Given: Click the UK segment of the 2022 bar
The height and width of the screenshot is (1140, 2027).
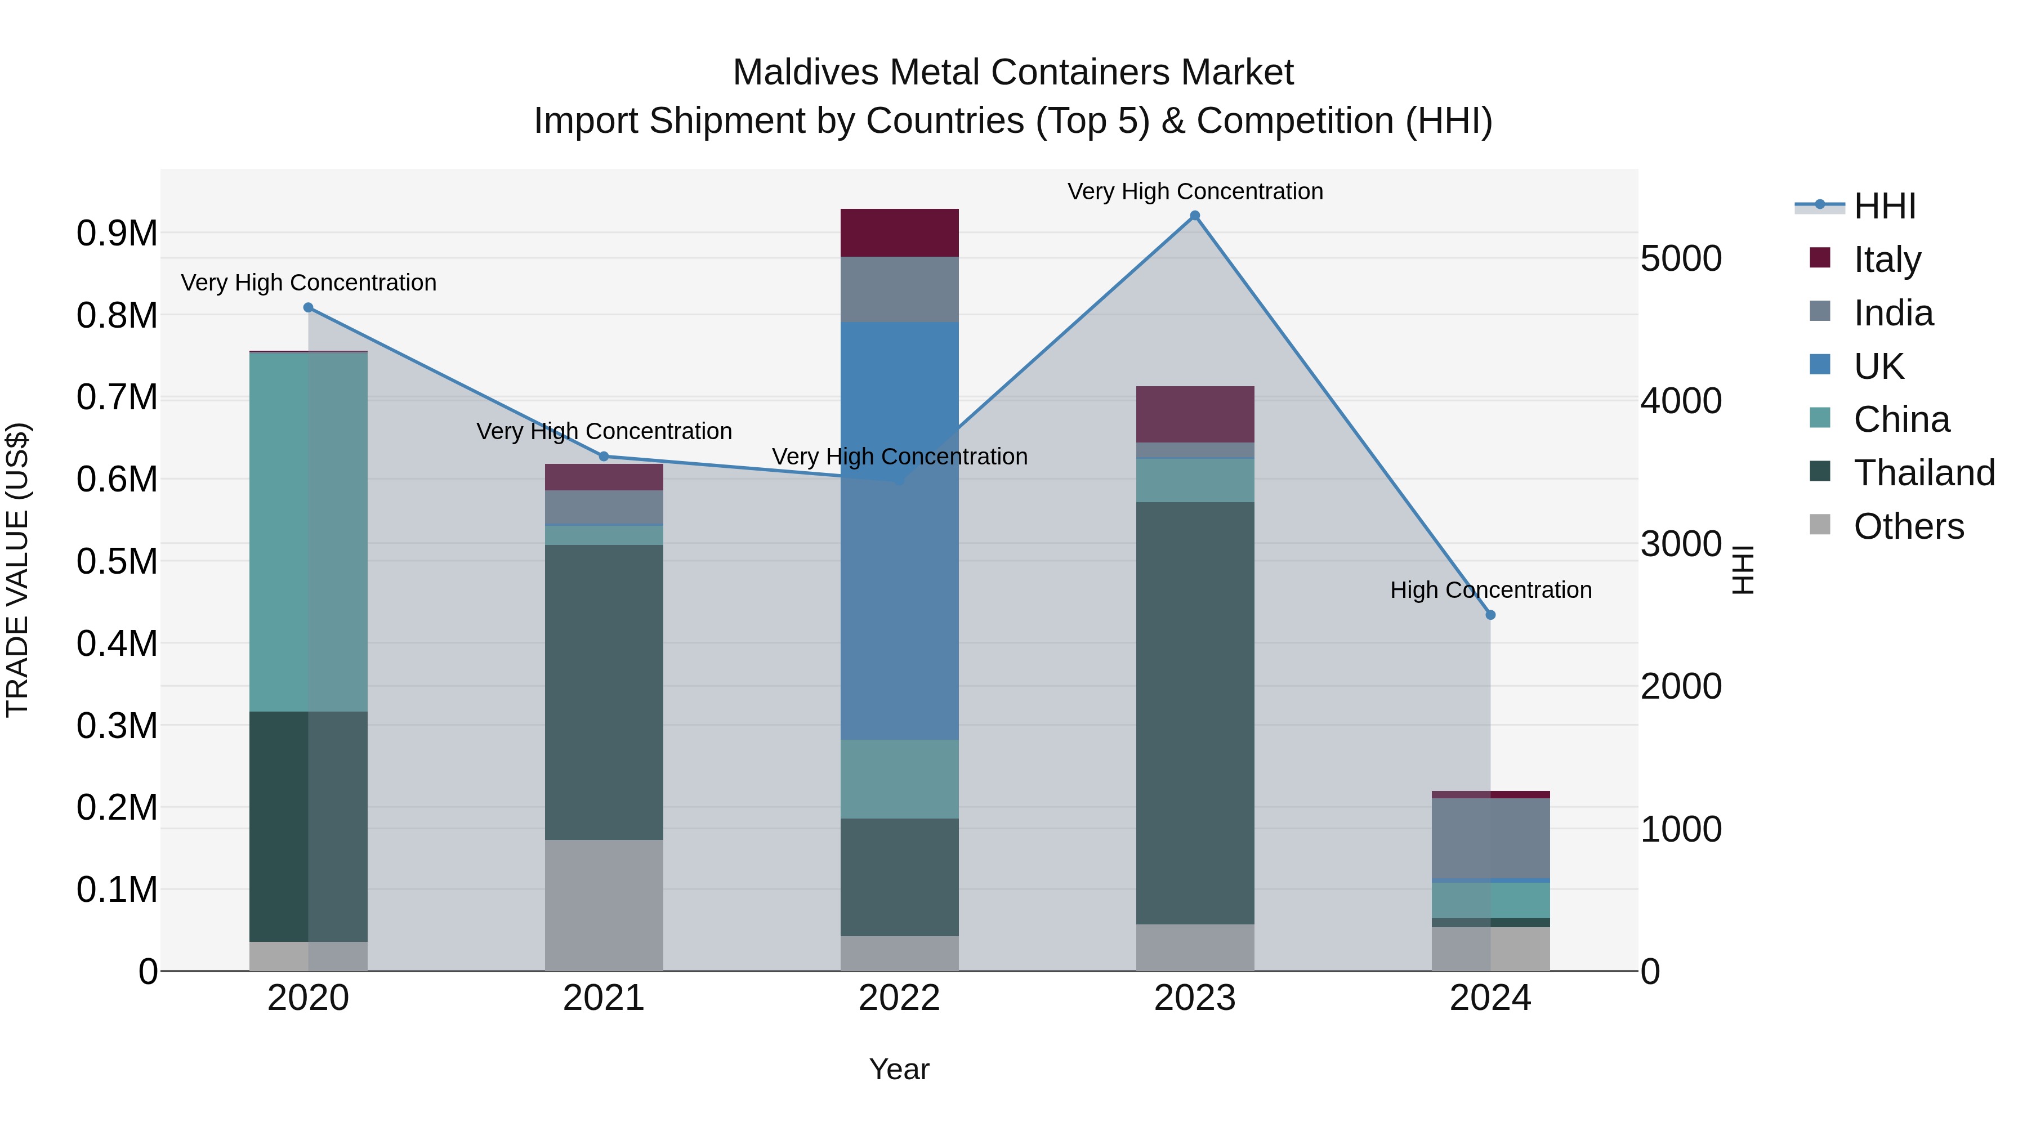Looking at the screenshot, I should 899,530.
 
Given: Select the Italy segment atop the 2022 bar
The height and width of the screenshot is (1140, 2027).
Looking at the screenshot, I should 899,233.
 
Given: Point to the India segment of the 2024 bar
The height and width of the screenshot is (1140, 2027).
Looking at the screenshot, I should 1490,838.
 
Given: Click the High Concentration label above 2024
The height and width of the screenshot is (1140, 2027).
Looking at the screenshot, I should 1490,590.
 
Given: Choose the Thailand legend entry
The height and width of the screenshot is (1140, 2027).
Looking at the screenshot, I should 1923,473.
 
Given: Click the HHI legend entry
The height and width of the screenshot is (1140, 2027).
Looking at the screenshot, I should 1884,206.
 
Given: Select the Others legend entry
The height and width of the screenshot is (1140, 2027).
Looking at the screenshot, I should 1908,526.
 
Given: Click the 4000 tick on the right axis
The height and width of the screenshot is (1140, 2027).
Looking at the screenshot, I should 1681,401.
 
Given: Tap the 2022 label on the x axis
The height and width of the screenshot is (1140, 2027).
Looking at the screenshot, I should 899,998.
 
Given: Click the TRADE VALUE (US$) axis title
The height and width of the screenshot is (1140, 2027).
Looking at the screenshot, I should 17,570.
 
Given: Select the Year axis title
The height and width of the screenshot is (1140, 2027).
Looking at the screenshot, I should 899,1069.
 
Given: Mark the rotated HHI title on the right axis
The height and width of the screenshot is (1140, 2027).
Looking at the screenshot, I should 1744,570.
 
